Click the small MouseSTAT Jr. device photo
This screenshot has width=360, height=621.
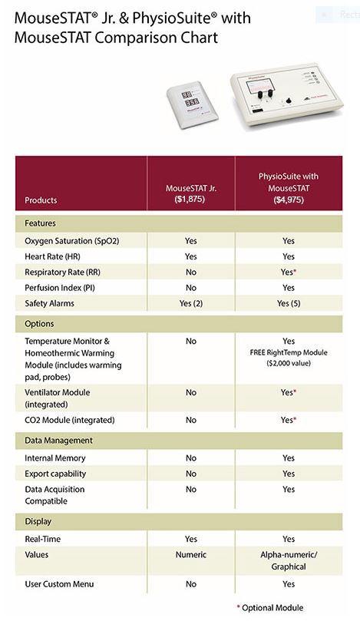[x=193, y=102]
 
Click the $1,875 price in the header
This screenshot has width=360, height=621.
[x=190, y=200]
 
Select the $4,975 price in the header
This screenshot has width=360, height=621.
[x=289, y=200]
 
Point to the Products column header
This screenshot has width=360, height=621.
[x=41, y=200]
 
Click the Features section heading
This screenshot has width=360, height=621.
[x=40, y=223]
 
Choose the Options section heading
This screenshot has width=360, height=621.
[x=39, y=324]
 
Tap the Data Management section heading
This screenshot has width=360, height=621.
[x=58, y=441]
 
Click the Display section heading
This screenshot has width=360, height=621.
[x=38, y=521]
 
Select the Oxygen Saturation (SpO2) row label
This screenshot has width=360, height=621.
[x=71, y=241]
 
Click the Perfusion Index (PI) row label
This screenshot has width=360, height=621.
[x=60, y=288]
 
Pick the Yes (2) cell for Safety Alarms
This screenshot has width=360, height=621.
[x=191, y=304]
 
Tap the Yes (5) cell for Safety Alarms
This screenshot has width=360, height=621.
[x=289, y=304]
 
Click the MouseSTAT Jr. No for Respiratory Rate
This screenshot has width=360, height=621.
[x=191, y=272]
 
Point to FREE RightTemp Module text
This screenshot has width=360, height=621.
[x=289, y=352]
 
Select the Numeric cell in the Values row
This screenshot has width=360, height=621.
[x=191, y=555]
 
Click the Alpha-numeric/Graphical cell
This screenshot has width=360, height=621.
[x=289, y=561]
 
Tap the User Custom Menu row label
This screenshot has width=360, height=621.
[x=59, y=584]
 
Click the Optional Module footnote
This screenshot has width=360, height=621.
[x=270, y=608]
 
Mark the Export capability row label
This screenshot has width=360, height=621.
[x=55, y=474]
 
